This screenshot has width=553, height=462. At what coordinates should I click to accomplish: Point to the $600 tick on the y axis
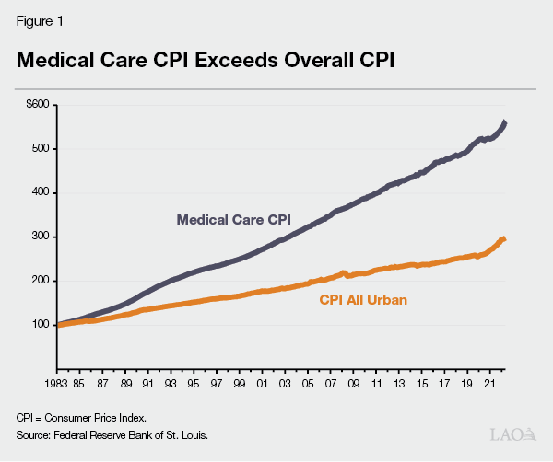pos(39,104)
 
